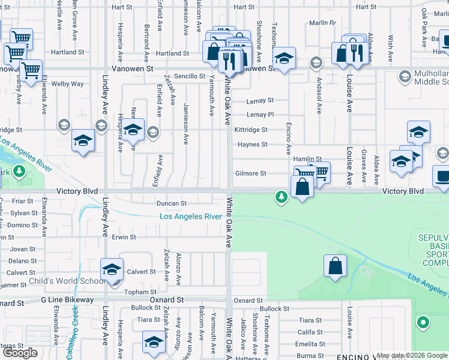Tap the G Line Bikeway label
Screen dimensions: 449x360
(67, 299)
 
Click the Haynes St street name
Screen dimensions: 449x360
(252, 145)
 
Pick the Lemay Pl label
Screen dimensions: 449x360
(260, 115)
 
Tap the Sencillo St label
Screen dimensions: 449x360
(190, 77)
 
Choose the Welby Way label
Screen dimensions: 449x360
(67, 84)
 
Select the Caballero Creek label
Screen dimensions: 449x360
(72, 333)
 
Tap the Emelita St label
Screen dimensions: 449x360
(310, 344)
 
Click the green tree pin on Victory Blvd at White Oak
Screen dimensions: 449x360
(280, 196)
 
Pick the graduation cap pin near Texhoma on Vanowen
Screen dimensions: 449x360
(285, 58)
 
